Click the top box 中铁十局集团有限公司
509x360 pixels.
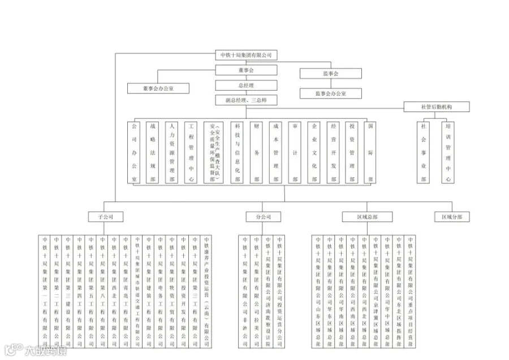pos(246,55)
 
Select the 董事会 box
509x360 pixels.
pos(246,71)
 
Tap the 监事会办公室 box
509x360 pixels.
pos(331,93)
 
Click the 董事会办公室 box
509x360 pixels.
pos(158,88)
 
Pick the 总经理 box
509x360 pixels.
pos(246,85)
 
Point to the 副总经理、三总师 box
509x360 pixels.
pos(246,100)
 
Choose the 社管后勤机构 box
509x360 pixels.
pos(437,106)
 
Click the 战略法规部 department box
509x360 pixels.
pos(152,152)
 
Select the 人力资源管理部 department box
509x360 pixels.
pos(171,152)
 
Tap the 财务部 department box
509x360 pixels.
pos(257,152)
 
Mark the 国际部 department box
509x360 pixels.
pos(370,152)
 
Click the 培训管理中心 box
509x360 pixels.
pos(448,152)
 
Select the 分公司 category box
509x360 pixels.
pos(259,217)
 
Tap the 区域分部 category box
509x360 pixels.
pos(452,217)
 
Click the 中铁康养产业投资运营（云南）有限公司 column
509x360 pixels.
pos(206,292)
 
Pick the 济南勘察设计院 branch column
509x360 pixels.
pos(268,292)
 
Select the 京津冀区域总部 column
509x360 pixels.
pos(376,292)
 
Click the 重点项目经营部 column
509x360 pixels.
pos(410,292)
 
